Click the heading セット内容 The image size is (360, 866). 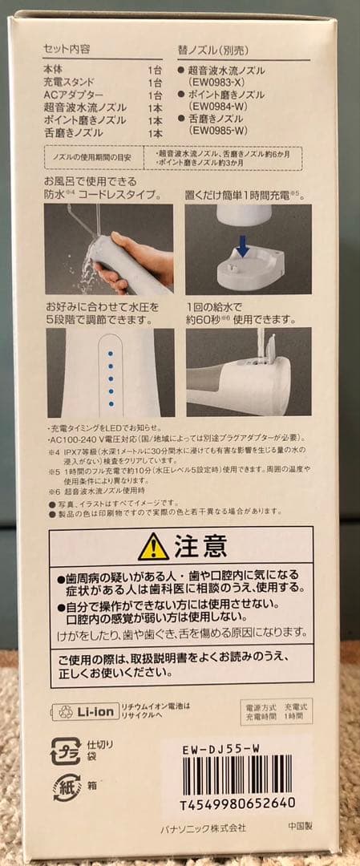pyautogui.click(x=67, y=48)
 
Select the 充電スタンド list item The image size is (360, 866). pyautogui.click(x=68, y=82)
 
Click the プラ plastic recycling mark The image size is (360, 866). pyautogui.click(x=66, y=751)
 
